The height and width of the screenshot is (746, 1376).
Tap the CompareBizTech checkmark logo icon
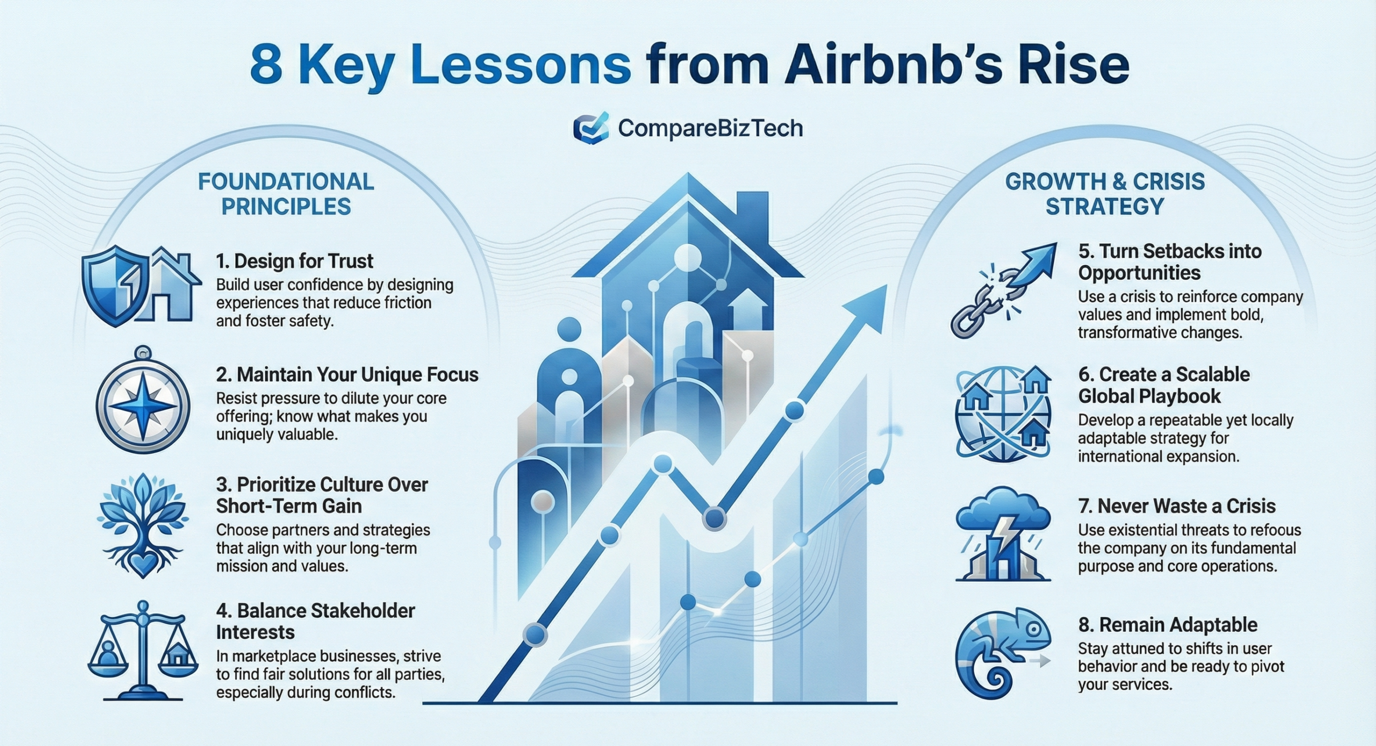(x=591, y=128)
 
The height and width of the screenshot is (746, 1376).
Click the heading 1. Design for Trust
(x=295, y=261)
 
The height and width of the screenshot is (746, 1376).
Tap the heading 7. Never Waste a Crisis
(x=1177, y=506)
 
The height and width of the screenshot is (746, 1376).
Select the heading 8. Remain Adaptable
(x=1167, y=625)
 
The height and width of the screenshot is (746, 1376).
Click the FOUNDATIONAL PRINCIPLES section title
(x=286, y=194)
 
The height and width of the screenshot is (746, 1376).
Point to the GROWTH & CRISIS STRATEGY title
(x=1105, y=194)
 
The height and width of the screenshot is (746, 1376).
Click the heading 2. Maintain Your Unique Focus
(x=347, y=374)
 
